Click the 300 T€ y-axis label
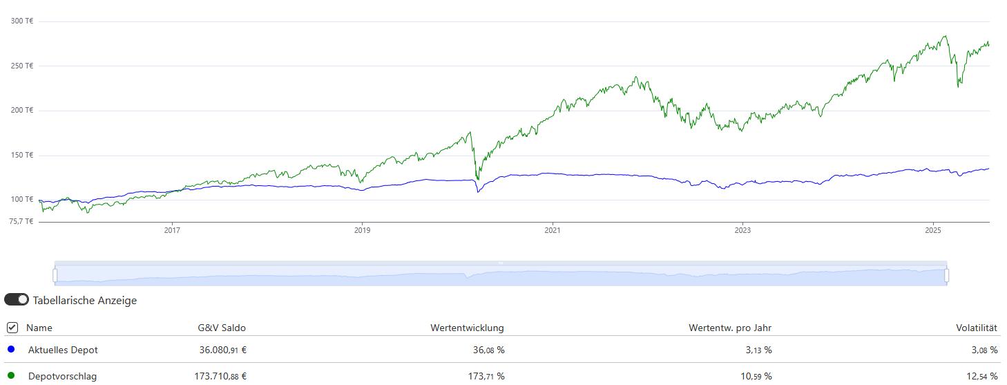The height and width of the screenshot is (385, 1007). (22, 21)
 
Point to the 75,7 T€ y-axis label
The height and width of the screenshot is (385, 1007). (21, 221)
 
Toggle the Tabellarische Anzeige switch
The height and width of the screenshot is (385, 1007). (17, 300)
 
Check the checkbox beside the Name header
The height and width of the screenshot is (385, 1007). (12, 328)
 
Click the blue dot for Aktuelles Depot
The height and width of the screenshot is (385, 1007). (11, 349)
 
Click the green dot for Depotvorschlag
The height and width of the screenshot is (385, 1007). (11, 375)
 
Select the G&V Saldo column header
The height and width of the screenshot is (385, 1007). (221, 328)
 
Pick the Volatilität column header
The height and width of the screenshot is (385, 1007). (976, 328)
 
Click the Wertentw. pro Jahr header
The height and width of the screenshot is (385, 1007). (729, 328)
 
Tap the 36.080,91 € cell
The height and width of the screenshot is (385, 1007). (222, 350)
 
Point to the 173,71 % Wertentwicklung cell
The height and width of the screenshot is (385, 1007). (488, 376)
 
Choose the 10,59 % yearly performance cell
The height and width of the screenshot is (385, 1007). (758, 376)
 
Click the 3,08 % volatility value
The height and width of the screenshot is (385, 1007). (984, 350)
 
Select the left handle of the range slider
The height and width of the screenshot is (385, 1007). (55, 275)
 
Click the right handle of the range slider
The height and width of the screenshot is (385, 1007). (946, 275)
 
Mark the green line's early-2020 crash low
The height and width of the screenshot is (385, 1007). (477, 179)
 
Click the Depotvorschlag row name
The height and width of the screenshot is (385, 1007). (62, 376)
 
